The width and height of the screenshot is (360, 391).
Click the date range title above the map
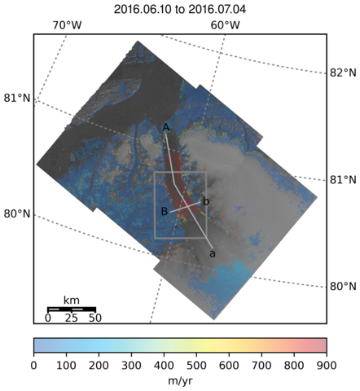tap(180, 10)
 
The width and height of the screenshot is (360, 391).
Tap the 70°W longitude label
tap(67, 25)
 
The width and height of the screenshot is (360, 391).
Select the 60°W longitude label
tap(226, 25)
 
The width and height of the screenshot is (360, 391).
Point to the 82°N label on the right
tap(343, 72)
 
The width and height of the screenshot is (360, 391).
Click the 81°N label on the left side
tap(17, 98)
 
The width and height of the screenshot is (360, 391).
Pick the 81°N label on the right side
tap(343, 180)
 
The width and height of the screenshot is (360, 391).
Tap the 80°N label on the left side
tap(17, 214)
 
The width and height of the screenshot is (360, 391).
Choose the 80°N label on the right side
tap(343, 287)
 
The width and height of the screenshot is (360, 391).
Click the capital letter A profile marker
tap(166, 127)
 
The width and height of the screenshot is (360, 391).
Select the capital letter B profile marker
tap(164, 211)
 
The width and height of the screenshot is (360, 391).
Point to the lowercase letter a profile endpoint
tap(213, 254)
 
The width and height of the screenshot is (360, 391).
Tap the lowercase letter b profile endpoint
tap(206, 202)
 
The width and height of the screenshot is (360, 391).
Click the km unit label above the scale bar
tap(72, 301)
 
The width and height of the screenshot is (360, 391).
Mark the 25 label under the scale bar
tap(71, 318)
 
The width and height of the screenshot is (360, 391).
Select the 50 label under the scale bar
tap(95, 318)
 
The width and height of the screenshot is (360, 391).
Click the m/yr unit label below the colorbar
tap(180, 381)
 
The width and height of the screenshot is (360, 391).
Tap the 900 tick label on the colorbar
tap(327, 366)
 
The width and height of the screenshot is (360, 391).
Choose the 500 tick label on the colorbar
tap(196, 366)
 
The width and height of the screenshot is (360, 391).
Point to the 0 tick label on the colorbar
tap(33, 366)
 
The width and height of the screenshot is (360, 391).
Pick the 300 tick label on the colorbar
tap(131, 366)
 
